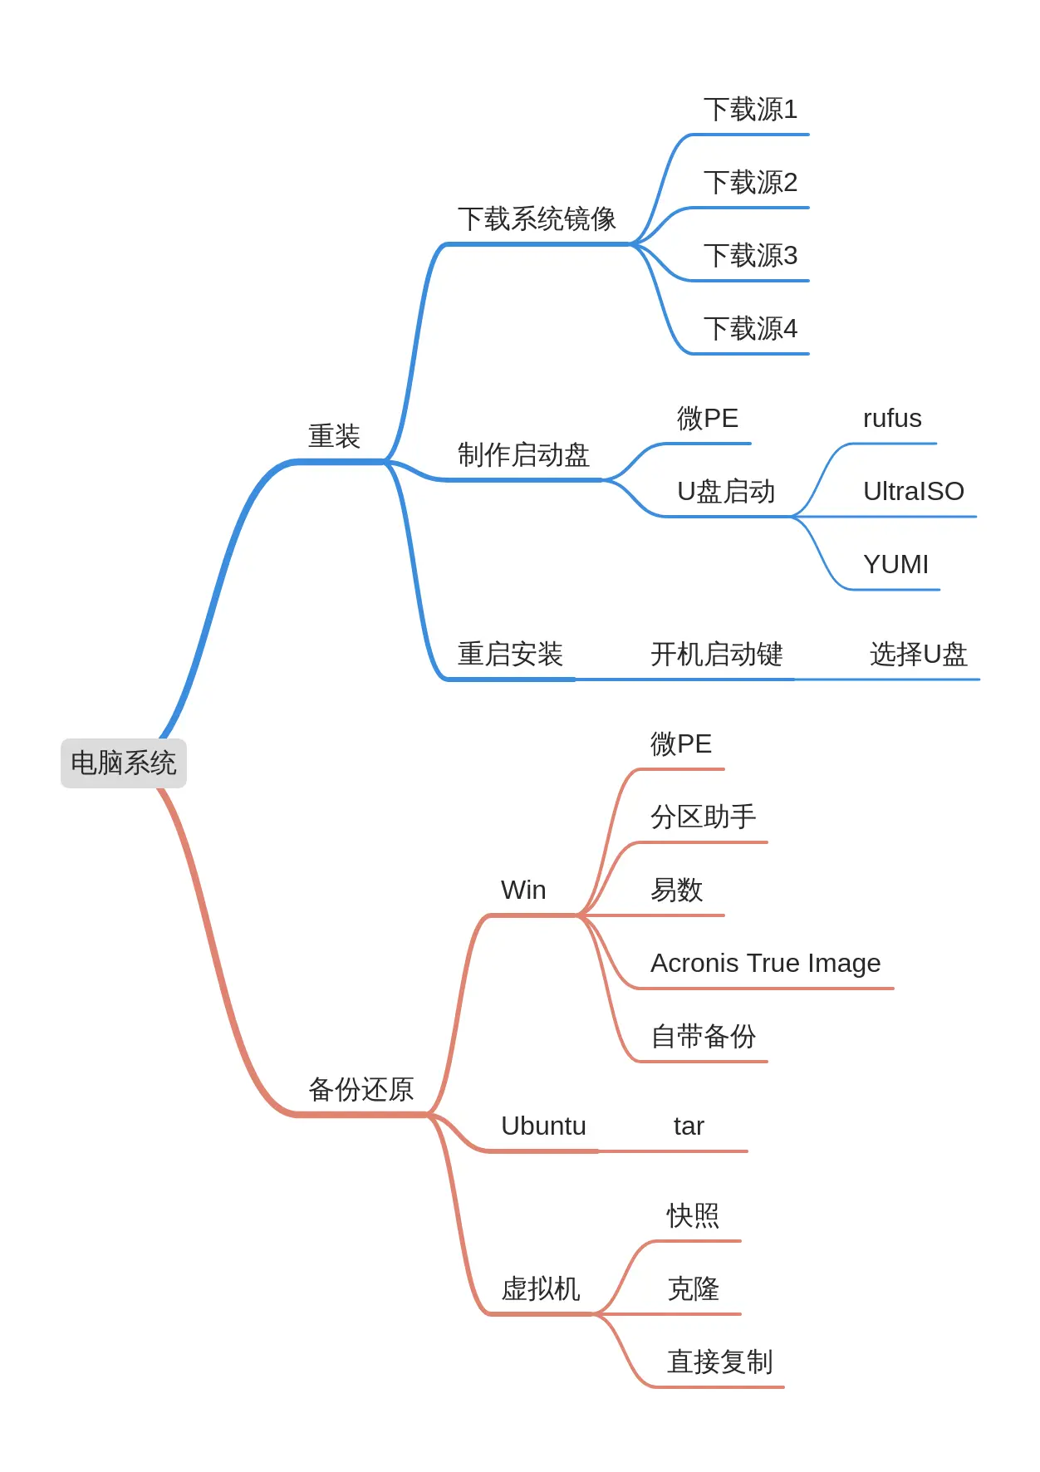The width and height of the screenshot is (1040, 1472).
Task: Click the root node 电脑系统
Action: (124, 763)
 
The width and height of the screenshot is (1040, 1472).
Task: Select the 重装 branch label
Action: (334, 436)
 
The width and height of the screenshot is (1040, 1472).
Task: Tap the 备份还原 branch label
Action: (361, 1089)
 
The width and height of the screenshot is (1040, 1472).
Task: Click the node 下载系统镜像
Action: (537, 219)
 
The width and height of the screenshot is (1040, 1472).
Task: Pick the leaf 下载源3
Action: (750, 256)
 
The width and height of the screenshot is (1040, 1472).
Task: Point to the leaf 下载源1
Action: (750, 110)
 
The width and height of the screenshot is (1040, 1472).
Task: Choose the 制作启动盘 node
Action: (523, 455)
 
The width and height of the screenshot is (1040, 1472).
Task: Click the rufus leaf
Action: (892, 419)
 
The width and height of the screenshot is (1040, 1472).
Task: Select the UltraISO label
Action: (913, 492)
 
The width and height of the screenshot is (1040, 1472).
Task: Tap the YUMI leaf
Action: (895, 565)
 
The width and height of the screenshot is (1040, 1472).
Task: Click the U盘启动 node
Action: (726, 492)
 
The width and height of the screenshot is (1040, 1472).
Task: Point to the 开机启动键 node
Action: (716, 655)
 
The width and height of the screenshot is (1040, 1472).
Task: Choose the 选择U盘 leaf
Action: (918, 655)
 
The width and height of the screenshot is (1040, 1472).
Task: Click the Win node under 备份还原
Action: (523, 891)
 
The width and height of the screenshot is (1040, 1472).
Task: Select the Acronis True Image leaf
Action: (765, 964)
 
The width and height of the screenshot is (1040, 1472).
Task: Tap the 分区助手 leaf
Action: (703, 817)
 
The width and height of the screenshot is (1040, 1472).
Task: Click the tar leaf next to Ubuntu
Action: (689, 1126)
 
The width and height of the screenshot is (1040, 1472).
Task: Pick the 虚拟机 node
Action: (540, 1289)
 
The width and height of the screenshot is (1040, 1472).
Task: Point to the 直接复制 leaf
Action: (719, 1362)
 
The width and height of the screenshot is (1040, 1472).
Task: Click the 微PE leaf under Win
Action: (680, 744)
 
